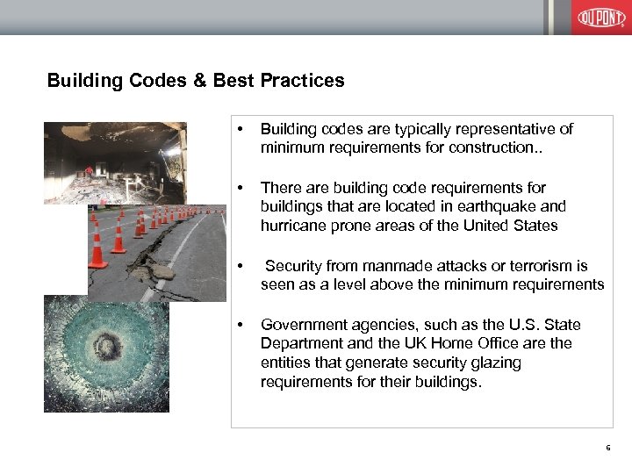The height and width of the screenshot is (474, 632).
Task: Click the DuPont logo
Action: [601, 17]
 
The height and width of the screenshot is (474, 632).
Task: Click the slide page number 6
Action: [607, 449]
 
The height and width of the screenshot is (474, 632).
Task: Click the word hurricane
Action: [295, 226]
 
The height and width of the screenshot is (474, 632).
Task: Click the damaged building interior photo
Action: [115, 162]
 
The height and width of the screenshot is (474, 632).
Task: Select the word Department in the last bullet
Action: [302, 344]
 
